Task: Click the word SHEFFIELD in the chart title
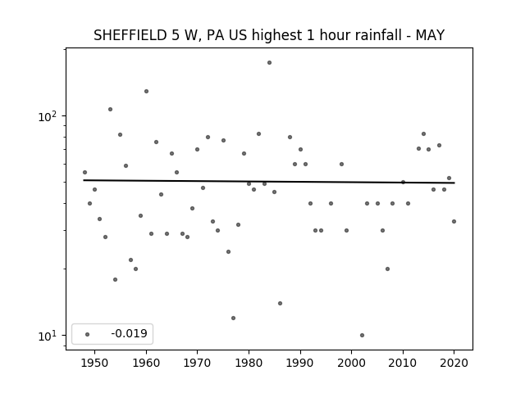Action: point(130,35)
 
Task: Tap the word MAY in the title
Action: point(430,35)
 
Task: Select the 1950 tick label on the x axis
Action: point(95,363)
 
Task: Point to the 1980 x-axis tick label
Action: point(249,363)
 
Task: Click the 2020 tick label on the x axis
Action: point(454,363)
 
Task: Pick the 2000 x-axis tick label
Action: point(352,363)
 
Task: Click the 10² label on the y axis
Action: point(48,116)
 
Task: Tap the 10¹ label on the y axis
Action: point(48,336)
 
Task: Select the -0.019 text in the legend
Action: point(130,333)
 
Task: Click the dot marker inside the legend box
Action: point(88,334)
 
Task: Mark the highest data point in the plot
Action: point(269,63)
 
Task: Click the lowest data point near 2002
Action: point(362,335)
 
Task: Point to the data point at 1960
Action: point(146,91)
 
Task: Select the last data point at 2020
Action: point(454,222)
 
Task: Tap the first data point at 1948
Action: point(84,173)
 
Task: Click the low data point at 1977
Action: point(233,318)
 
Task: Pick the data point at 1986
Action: point(280,304)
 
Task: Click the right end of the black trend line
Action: point(454,183)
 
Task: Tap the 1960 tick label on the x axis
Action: point(146,363)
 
